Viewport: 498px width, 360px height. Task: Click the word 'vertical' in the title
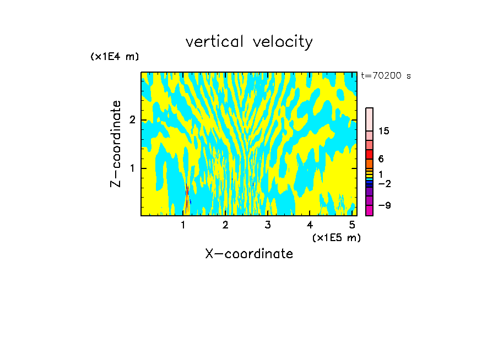click(215, 42)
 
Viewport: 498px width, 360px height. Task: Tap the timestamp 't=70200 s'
click(386, 76)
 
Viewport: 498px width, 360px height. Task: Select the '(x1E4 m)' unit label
click(115, 57)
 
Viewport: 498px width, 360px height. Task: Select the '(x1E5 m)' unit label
click(336, 237)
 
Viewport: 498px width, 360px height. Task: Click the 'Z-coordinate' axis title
click(116, 144)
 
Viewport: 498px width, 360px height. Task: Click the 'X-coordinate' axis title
click(249, 254)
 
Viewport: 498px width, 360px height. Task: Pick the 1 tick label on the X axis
click(183, 225)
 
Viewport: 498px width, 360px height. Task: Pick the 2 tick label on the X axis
click(225, 225)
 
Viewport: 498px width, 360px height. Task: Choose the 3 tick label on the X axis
click(268, 225)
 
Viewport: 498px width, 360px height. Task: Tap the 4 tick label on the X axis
click(310, 225)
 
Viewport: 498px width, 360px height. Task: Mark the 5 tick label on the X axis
click(352, 225)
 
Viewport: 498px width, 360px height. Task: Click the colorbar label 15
click(384, 131)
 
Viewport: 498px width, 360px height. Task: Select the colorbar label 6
click(381, 159)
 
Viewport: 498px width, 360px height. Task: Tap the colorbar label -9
click(384, 205)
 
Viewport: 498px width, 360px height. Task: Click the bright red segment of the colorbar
click(369, 154)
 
